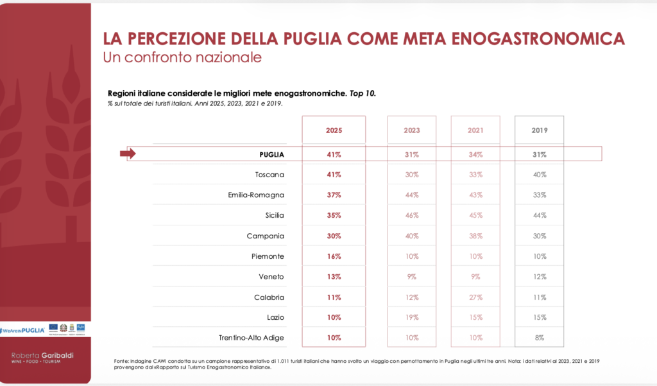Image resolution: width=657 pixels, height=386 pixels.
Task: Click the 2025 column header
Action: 334,130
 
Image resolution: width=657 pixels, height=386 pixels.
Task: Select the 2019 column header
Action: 539,130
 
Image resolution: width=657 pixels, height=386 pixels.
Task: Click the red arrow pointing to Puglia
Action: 128,154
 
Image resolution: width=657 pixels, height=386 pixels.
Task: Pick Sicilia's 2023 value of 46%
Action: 411,215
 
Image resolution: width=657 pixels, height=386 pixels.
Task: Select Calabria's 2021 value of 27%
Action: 475,297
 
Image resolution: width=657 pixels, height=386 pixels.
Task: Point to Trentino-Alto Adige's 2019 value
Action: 539,338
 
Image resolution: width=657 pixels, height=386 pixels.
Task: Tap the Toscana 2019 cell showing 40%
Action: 539,175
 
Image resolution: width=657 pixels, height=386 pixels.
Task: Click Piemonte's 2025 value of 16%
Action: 334,256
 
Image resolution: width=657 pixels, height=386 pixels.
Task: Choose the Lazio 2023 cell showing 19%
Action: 411,317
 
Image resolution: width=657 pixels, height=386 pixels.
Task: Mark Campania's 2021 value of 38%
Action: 475,236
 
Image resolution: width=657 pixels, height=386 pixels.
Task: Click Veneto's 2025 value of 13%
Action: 334,277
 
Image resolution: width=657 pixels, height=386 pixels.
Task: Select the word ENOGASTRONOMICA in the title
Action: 539,39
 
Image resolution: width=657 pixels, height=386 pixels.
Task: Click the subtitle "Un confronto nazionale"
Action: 182,57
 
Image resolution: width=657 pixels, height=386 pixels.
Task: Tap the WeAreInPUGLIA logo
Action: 23,329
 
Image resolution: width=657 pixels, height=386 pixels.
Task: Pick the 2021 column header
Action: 475,130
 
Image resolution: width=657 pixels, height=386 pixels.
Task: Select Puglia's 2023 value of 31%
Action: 411,154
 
